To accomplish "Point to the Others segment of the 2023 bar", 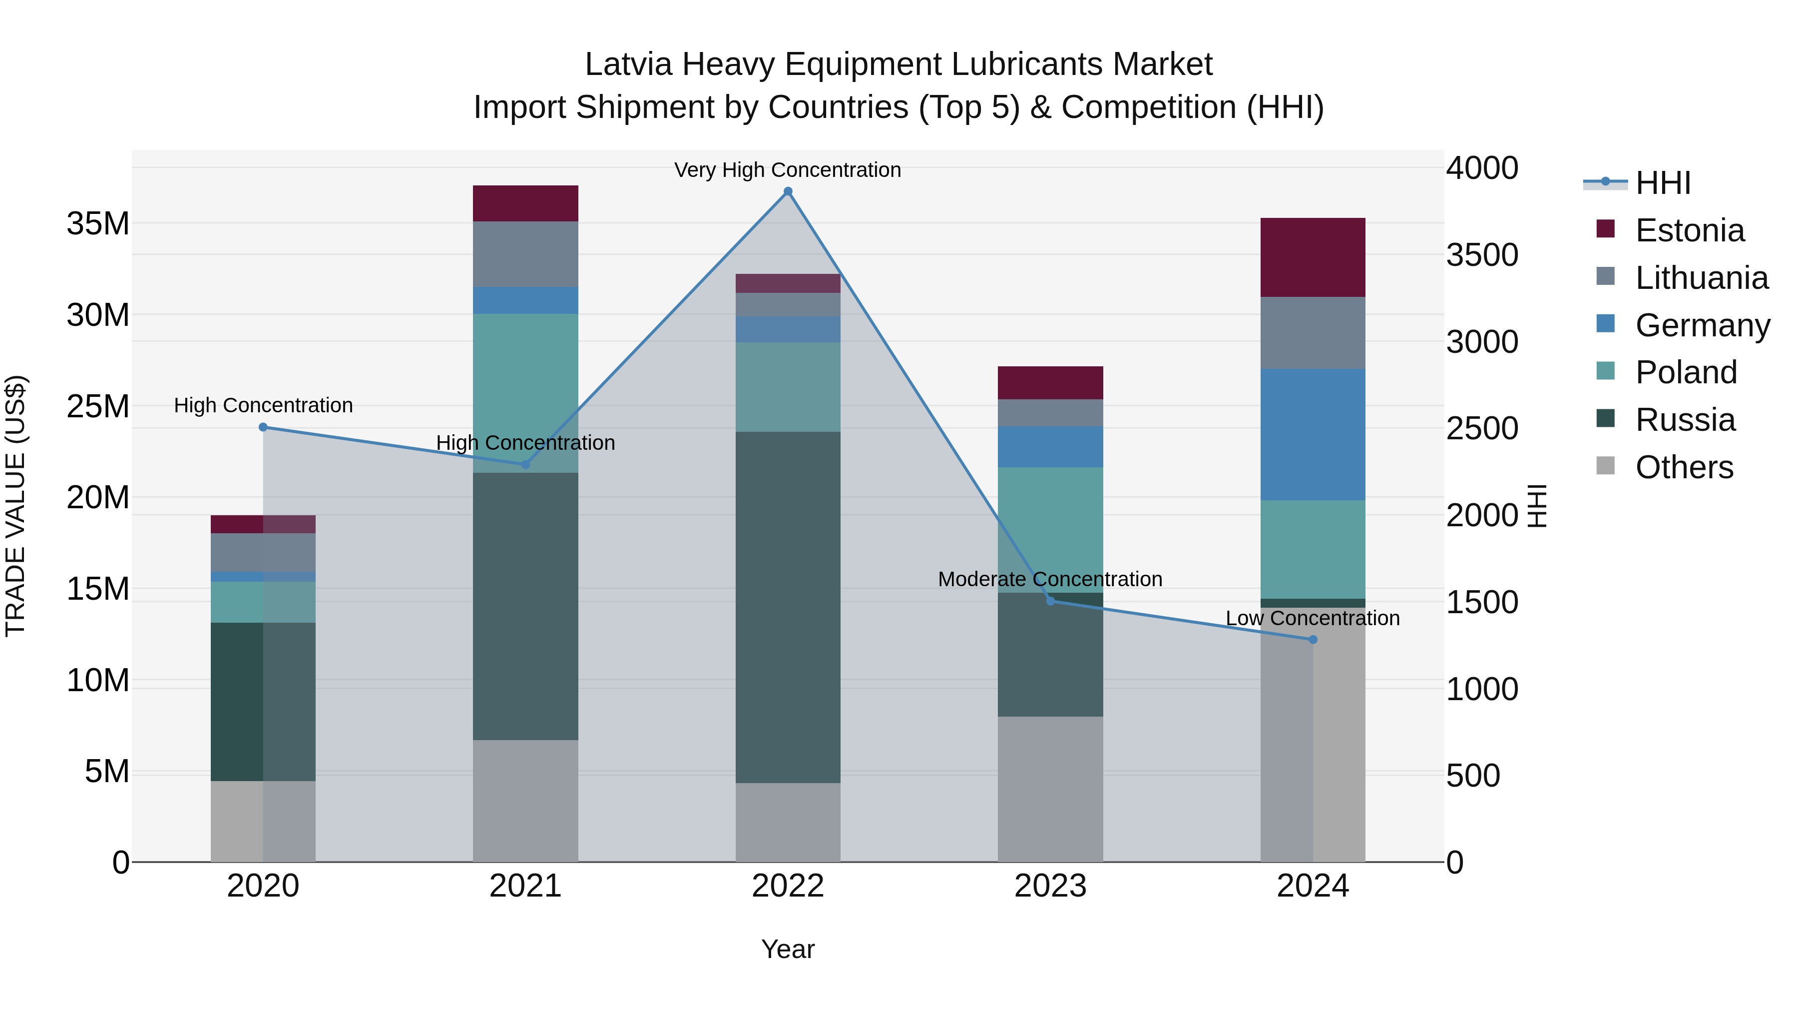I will pos(1050,789).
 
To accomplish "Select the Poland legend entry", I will pos(1685,372).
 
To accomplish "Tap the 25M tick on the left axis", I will pos(98,406).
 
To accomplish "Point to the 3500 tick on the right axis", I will pos(1481,255).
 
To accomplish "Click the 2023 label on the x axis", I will pos(1050,886).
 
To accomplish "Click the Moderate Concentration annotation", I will pos(1050,579).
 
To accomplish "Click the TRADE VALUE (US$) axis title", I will pos(15,506).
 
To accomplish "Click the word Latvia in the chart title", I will pos(628,64).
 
